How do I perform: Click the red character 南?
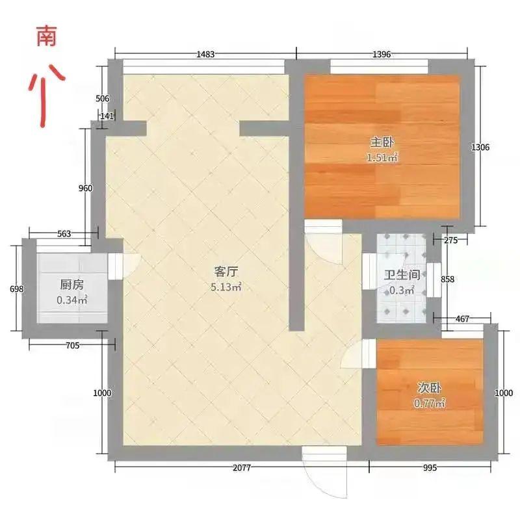click(45, 36)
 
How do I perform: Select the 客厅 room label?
click(226, 272)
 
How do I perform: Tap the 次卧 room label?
click(430, 388)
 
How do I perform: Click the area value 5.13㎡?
click(226, 287)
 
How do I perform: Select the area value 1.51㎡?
click(382, 158)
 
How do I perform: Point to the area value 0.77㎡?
click(430, 404)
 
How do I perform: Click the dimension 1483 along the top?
click(205, 55)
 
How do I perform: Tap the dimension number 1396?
click(382, 55)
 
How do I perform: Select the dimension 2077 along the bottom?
click(241, 468)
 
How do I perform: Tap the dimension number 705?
click(72, 346)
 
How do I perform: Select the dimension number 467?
click(463, 319)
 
